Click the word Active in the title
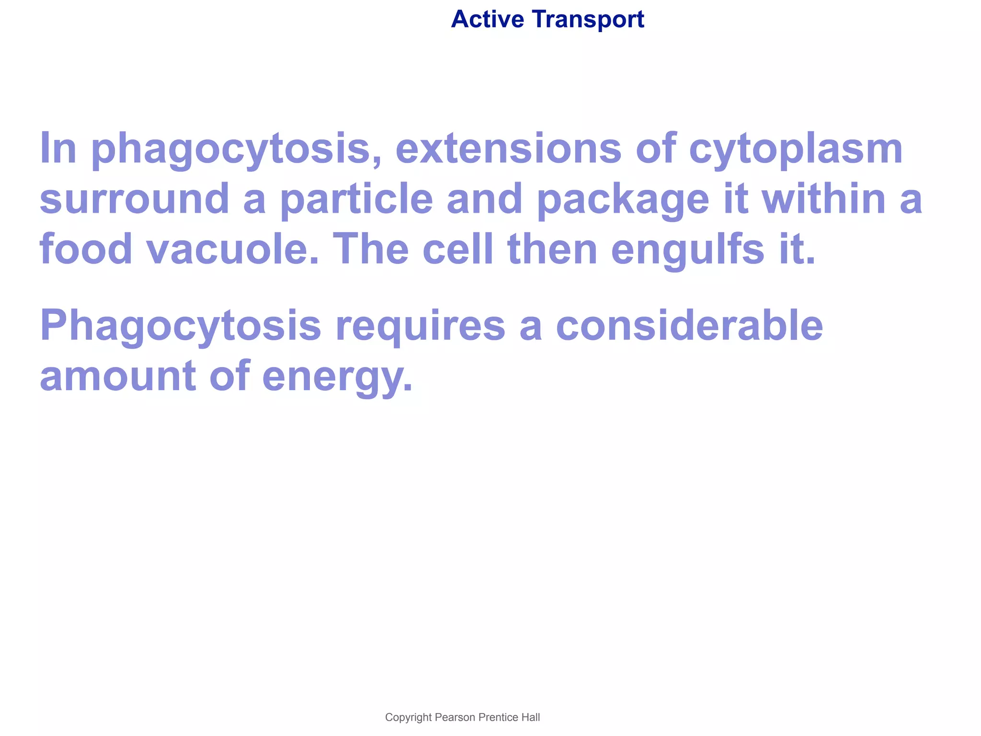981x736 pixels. (x=487, y=20)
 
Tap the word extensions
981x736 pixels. (x=508, y=149)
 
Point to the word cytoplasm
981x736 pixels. (x=796, y=149)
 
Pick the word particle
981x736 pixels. (x=356, y=199)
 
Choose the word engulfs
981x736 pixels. (x=687, y=250)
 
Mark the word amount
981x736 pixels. (x=118, y=377)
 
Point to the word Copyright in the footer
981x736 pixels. (x=408, y=717)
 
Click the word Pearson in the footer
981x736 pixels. (x=455, y=717)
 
